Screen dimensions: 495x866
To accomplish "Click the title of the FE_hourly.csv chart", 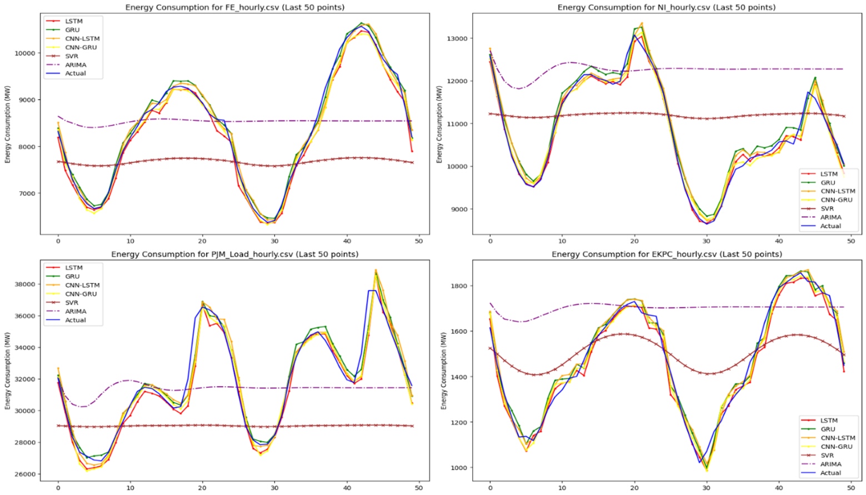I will [x=234, y=7].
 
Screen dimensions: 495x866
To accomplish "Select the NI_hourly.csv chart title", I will [x=666, y=7].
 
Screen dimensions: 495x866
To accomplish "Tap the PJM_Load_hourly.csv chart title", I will [x=234, y=254].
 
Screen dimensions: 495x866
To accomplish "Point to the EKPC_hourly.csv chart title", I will [x=666, y=254].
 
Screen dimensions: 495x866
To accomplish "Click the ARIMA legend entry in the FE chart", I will [x=76, y=64].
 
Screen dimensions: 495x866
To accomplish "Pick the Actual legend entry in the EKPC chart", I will [x=830, y=473].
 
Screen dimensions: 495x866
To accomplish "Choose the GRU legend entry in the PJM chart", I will [x=72, y=276].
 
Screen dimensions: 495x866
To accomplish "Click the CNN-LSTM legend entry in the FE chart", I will [x=82, y=38].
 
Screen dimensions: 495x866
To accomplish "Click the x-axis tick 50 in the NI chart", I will [x=850, y=241].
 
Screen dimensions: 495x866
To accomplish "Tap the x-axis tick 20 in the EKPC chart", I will [x=634, y=488].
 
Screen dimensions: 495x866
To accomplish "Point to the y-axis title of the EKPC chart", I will [x=444, y=372].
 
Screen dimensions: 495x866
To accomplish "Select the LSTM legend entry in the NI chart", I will [x=829, y=174].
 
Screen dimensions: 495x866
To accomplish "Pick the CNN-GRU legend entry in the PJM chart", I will [x=81, y=294].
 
